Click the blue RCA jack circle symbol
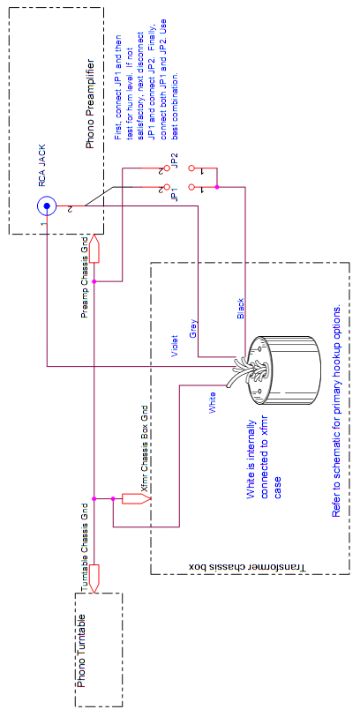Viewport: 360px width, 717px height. click(x=49, y=205)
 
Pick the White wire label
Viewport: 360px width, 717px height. click(x=212, y=404)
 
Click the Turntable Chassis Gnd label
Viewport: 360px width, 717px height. click(x=86, y=546)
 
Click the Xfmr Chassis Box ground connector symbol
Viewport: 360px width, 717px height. click(x=134, y=499)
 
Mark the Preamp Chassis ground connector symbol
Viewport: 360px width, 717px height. click(x=96, y=250)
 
